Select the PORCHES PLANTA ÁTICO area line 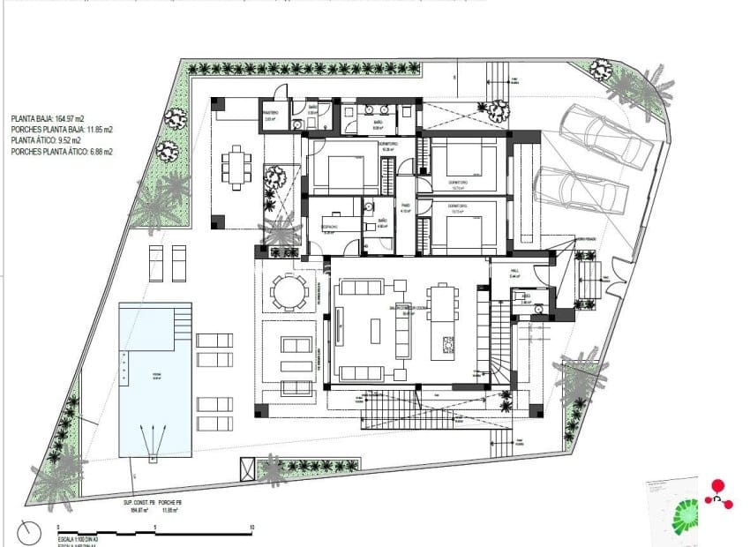[62, 152]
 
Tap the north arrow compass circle [29, 532]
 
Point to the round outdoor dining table [289, 291]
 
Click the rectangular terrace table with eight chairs [236, 166]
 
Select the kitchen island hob [448, 342]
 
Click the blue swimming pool [154, 379]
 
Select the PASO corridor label [406, 211]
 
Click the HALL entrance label [518, 273]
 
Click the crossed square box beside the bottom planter [247, 468]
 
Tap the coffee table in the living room [374, 330]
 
